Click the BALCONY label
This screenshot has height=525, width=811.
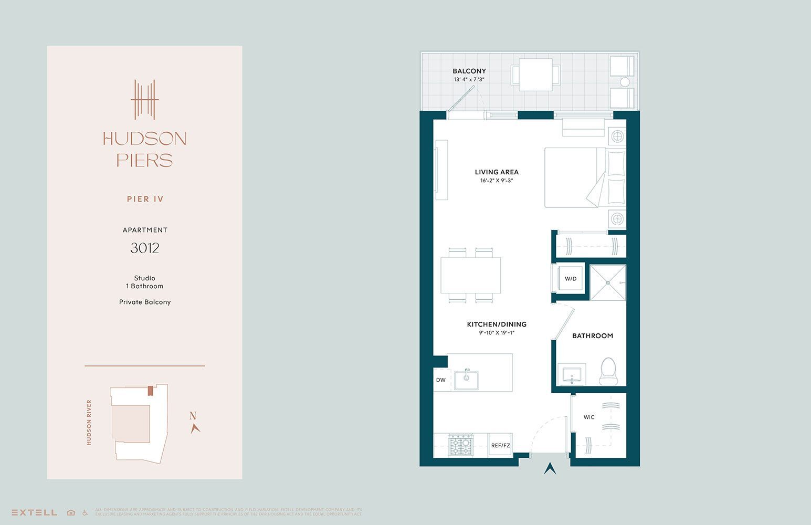[469, 71]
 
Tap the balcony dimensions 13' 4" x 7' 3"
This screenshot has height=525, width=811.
[469, 80]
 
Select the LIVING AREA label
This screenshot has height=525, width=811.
[497, 172]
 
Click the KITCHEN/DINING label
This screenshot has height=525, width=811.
[497, 324]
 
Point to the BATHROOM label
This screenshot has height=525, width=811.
[593, 336]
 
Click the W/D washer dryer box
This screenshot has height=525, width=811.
[570, 278]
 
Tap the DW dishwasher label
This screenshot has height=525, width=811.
[441, 380]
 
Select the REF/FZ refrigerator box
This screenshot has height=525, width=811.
[500, 445]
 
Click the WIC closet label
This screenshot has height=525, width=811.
[589, 417]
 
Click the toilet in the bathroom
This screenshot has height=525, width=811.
[608, 371]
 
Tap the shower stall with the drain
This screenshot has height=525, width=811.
[608, 282]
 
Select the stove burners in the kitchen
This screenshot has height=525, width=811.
[461, 445]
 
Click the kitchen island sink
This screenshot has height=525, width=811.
[466, 379]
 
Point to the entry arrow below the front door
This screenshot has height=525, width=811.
[550, 468]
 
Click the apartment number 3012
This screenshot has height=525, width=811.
[145, 248]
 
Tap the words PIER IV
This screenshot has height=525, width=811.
[145, 199]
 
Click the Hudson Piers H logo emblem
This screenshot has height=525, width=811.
[144, 99]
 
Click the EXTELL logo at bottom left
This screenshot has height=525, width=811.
[34, 512]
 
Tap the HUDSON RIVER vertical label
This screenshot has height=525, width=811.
[89, 423]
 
